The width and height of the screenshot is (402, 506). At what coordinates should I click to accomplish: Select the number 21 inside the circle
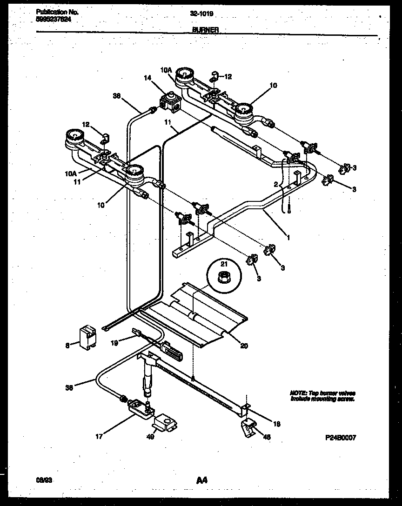point(224,264)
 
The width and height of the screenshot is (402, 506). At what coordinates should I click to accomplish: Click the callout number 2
point(275,185)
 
